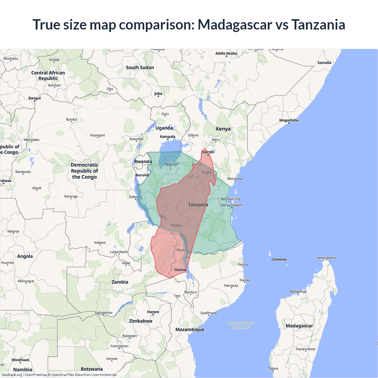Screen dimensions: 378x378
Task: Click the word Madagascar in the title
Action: pyautogui.click(x=235, y=25)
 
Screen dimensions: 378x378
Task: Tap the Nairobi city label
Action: pyautogui.click(x=208, y=152)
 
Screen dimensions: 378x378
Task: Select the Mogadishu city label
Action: pyautogui.click(x=289, y=120)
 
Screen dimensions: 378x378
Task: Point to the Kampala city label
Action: pyautogui.click(x=167, y=136)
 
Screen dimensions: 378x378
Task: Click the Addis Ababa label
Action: pyautogui.click(x=226, y=53)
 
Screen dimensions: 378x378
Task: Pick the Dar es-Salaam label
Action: pyautogui.click(x=231, y=205)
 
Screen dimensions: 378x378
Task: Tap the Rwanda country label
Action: pyautogui.click(x=143, y=162)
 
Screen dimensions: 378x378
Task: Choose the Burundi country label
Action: pyautogui.click(x=142, y=175)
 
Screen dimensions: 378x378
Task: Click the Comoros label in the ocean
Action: pyautogui.click(x=279, y=259)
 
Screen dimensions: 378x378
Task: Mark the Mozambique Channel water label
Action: pyautogui.click(x=241, y=325)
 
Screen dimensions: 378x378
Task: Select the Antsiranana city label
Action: pyautogui.click(x=326, y=258)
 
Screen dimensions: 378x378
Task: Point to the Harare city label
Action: pyautogui.click(x=153, y=312)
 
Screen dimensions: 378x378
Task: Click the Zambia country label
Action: pyautogui.click(x=120, y=282)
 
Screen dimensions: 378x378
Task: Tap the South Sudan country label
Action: pyautogui.click(x=140, y=67)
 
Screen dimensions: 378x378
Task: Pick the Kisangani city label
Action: pyautogui.click(x=97, y=135)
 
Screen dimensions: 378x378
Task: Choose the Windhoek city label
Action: pyautogui.click(x=20, y=360)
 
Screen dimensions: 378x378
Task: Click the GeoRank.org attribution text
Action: pyautogui.click(x=12, y=375)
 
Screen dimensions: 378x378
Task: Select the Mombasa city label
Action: pyautogui.click(x=235, y=179)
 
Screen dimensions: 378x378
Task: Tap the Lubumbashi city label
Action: pyautogui.click(x=119, y=252)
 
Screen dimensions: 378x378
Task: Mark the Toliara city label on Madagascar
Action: pyautogui.click(x=273, y=369)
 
